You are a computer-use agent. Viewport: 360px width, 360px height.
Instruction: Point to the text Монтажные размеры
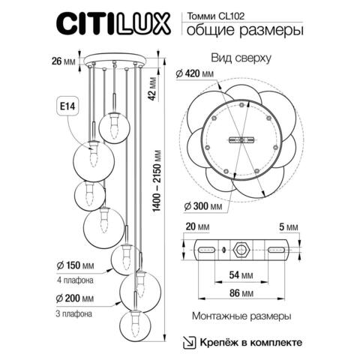241,317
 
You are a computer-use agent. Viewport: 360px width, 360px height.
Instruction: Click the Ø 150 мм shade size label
76,265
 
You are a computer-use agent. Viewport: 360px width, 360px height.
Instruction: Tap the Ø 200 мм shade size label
76,299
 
